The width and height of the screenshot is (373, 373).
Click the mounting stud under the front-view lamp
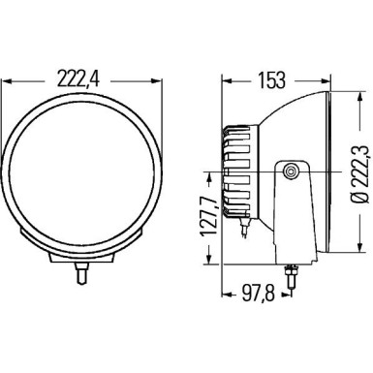click(81, 274)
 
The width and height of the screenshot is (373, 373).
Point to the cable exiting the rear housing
click(251, 231)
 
